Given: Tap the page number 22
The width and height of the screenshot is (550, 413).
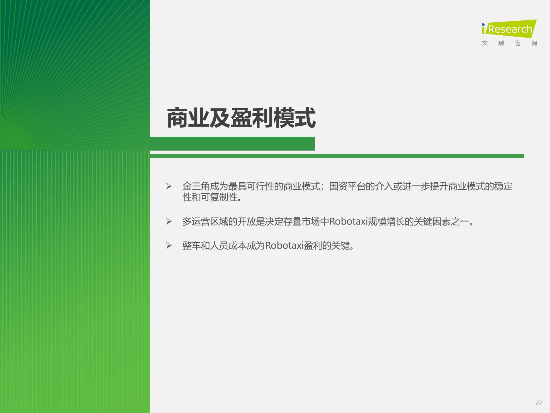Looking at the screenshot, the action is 539,403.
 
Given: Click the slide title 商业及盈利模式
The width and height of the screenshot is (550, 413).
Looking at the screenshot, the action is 241,118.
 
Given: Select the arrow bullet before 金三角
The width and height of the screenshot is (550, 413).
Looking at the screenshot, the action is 169,186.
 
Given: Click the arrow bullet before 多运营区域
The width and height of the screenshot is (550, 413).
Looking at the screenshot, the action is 169,221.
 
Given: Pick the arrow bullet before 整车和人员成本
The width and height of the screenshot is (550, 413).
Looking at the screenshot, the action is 169,246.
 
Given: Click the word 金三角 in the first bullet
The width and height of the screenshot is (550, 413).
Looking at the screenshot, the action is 196,186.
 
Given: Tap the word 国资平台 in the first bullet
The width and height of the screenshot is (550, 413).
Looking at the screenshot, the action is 347,186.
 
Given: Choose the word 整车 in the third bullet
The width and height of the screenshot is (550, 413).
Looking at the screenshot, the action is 192,246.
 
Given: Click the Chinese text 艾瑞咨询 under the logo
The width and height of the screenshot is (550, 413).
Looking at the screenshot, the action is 509,43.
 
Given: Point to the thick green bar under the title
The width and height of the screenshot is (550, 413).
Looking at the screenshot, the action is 232,144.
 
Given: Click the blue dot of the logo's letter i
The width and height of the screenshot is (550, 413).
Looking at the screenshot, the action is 483,25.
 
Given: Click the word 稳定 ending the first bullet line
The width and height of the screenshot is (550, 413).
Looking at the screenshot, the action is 503,186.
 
